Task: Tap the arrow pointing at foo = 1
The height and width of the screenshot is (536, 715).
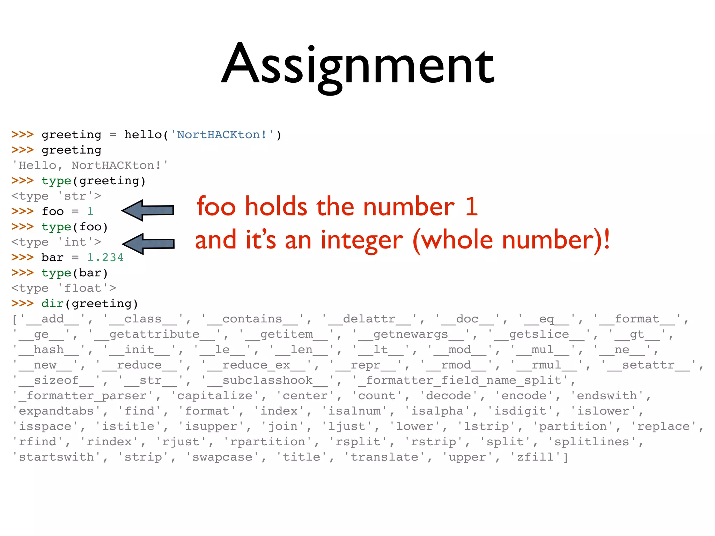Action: pos(148,210)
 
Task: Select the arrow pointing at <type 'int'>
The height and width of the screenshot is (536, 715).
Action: pos(149,244)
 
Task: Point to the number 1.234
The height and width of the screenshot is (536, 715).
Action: pos(105,258)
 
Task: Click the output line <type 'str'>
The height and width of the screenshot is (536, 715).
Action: pos(56,196)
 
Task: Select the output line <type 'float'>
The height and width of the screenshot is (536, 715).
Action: pos(64,288)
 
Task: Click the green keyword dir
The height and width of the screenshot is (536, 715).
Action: pos(52,304)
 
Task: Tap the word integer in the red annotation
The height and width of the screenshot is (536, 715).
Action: pos(362,241)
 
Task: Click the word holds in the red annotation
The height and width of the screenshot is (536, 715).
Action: pos(276,207)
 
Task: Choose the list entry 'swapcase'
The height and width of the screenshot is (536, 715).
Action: pos(222,457)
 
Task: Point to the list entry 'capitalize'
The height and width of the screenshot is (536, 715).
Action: pos(214,396)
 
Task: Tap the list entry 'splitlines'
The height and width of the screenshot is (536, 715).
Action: pos(592,442)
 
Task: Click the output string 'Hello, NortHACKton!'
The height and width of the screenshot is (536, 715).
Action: pos(90,165)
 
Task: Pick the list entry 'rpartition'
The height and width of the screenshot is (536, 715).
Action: pos(267,442)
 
